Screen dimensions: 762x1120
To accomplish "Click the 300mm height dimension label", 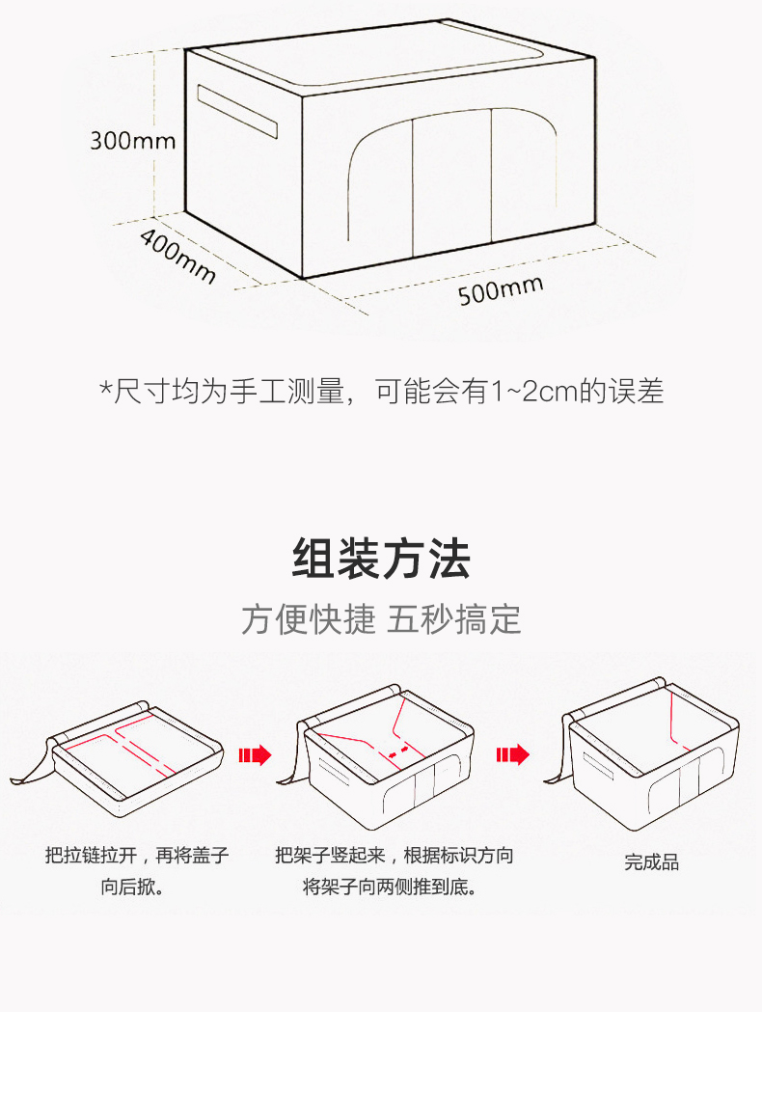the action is [x=133, y=141].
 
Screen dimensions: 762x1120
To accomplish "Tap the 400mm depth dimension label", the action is [x=178, y=255].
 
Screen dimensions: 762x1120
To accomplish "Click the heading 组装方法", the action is [x=381, y=559].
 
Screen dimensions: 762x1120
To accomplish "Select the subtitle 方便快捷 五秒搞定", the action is [x=381, y=619].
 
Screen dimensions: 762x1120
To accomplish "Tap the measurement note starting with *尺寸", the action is [x=382, y=392].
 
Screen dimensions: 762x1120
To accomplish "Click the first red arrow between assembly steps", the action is [x=256, y=753].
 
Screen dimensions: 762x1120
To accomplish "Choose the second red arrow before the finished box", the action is [x=513, y=753].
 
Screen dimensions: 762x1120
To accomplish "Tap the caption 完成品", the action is [x=651, y=862].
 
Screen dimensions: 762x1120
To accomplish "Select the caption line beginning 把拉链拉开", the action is [x=136, y=856].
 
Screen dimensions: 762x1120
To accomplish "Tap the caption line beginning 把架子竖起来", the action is [x=394, y=856].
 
